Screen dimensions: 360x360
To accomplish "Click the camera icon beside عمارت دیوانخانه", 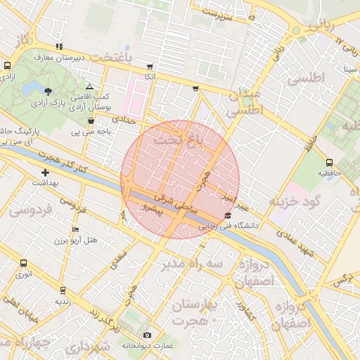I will click(x=147, y=335).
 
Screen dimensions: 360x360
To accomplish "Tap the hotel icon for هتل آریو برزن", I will click(x=76, y=229).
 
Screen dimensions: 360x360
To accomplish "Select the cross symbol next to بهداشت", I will click(x=46, y=172).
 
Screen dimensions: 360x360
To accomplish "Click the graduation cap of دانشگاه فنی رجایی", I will click(x=227, y=216).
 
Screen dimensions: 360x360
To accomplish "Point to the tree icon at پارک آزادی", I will click(x=48, y=91).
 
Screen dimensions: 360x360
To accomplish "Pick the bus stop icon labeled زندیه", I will click(x=63, y=290).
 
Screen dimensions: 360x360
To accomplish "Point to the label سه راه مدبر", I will click(x=192, y=263).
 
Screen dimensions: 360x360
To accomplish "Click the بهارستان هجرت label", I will click(x=195, y=311).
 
